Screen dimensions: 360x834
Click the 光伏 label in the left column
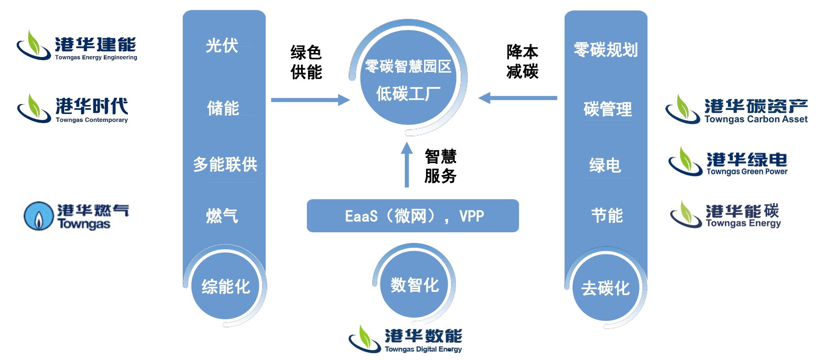pos(222,46)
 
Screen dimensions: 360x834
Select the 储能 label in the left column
pos(223,108)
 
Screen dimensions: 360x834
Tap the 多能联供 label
pos(225,164)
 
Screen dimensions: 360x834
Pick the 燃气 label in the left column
pos(222,216)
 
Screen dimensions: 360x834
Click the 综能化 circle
pos(226,286)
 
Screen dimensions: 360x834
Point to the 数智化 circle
pos(414,285)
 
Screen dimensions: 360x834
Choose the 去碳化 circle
pos(606,288)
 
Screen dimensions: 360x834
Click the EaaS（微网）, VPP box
pos(413,216)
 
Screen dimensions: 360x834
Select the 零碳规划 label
pos(606,50)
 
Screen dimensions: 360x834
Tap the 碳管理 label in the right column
pos(608,109)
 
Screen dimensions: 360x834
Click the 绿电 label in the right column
pos(605,165)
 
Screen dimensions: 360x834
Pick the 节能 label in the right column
pos(607,215)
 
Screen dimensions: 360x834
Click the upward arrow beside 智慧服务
pos(407,165)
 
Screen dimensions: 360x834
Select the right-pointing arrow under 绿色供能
pos(310,100)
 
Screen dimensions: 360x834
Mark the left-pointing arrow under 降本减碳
pos(518,98)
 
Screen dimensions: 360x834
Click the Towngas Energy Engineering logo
pos(77,46)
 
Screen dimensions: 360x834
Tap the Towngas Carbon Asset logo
pos(736,110)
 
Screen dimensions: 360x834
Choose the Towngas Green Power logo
pos(728,162)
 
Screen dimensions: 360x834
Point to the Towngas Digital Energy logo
pos(405,339)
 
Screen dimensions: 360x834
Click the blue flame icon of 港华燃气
pos(39,216)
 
